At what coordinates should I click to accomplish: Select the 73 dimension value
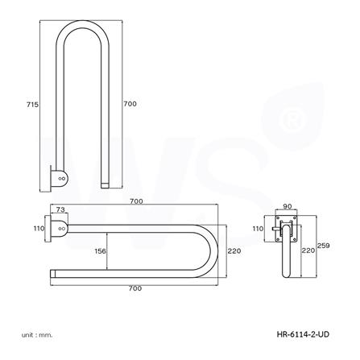tap(62, 209)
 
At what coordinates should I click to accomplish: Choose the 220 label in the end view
tap(307, 250)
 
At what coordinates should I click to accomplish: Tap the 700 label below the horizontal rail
tap(133, 286)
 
